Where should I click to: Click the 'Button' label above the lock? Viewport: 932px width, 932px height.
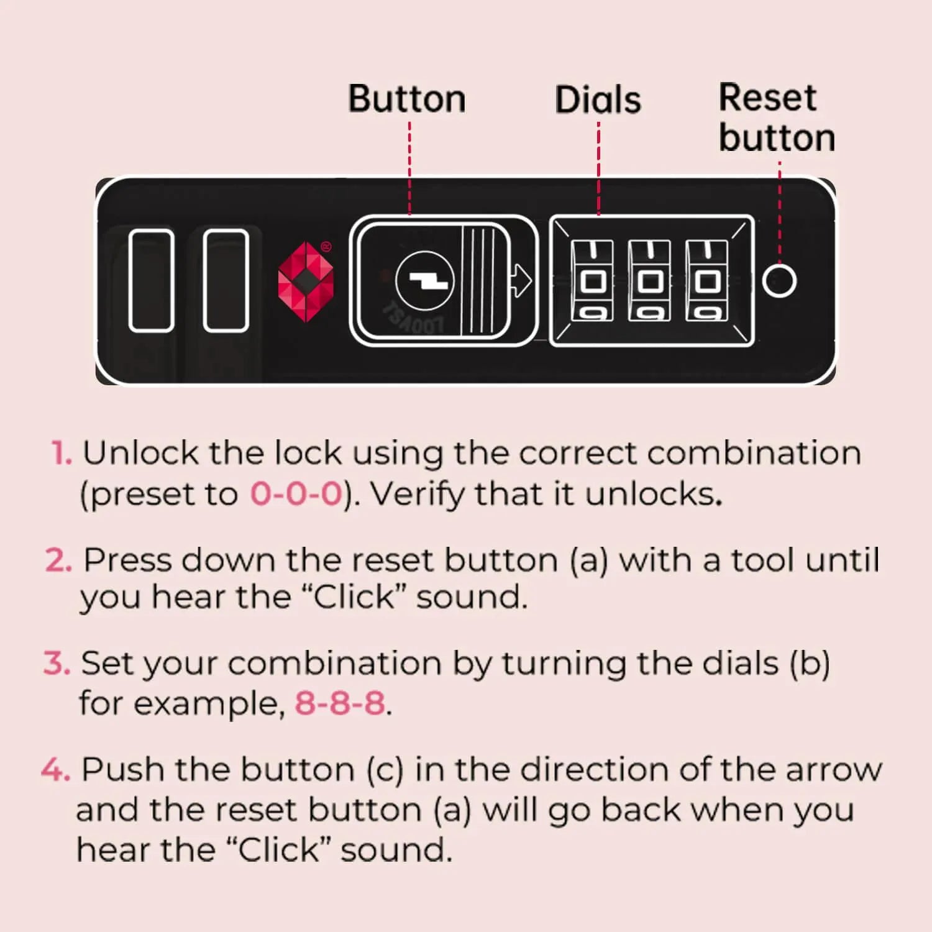(x=407, y=99)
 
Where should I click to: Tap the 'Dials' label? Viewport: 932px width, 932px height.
(x=598, y=100)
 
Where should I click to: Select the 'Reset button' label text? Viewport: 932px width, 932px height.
(x=777, y=117)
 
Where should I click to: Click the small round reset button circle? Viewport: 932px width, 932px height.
(x=779, y=281)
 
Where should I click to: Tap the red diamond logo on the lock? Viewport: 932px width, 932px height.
(x=305, y=281)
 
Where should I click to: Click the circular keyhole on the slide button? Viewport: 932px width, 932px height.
(x=425, y=281)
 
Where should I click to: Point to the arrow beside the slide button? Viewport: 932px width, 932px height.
(x=521, y=281)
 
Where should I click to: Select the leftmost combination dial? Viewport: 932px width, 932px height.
(x=592, y=281)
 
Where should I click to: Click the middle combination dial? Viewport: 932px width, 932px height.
(x=649, y=281)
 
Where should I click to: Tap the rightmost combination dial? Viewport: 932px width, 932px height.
(x=706, y=281)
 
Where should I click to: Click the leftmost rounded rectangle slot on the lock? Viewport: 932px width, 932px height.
(x=151, y=280)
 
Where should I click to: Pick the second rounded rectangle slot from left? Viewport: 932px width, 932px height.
(x=226, y=280)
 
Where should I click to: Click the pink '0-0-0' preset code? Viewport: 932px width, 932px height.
(x=296, y=495)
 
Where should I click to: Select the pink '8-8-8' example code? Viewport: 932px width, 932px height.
(x=340, y=703)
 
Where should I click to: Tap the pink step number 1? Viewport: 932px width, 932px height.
(x=62, y=453)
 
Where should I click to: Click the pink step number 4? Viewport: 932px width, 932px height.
(x=55, y=770)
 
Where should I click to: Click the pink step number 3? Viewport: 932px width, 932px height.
(x=57, y=664)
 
